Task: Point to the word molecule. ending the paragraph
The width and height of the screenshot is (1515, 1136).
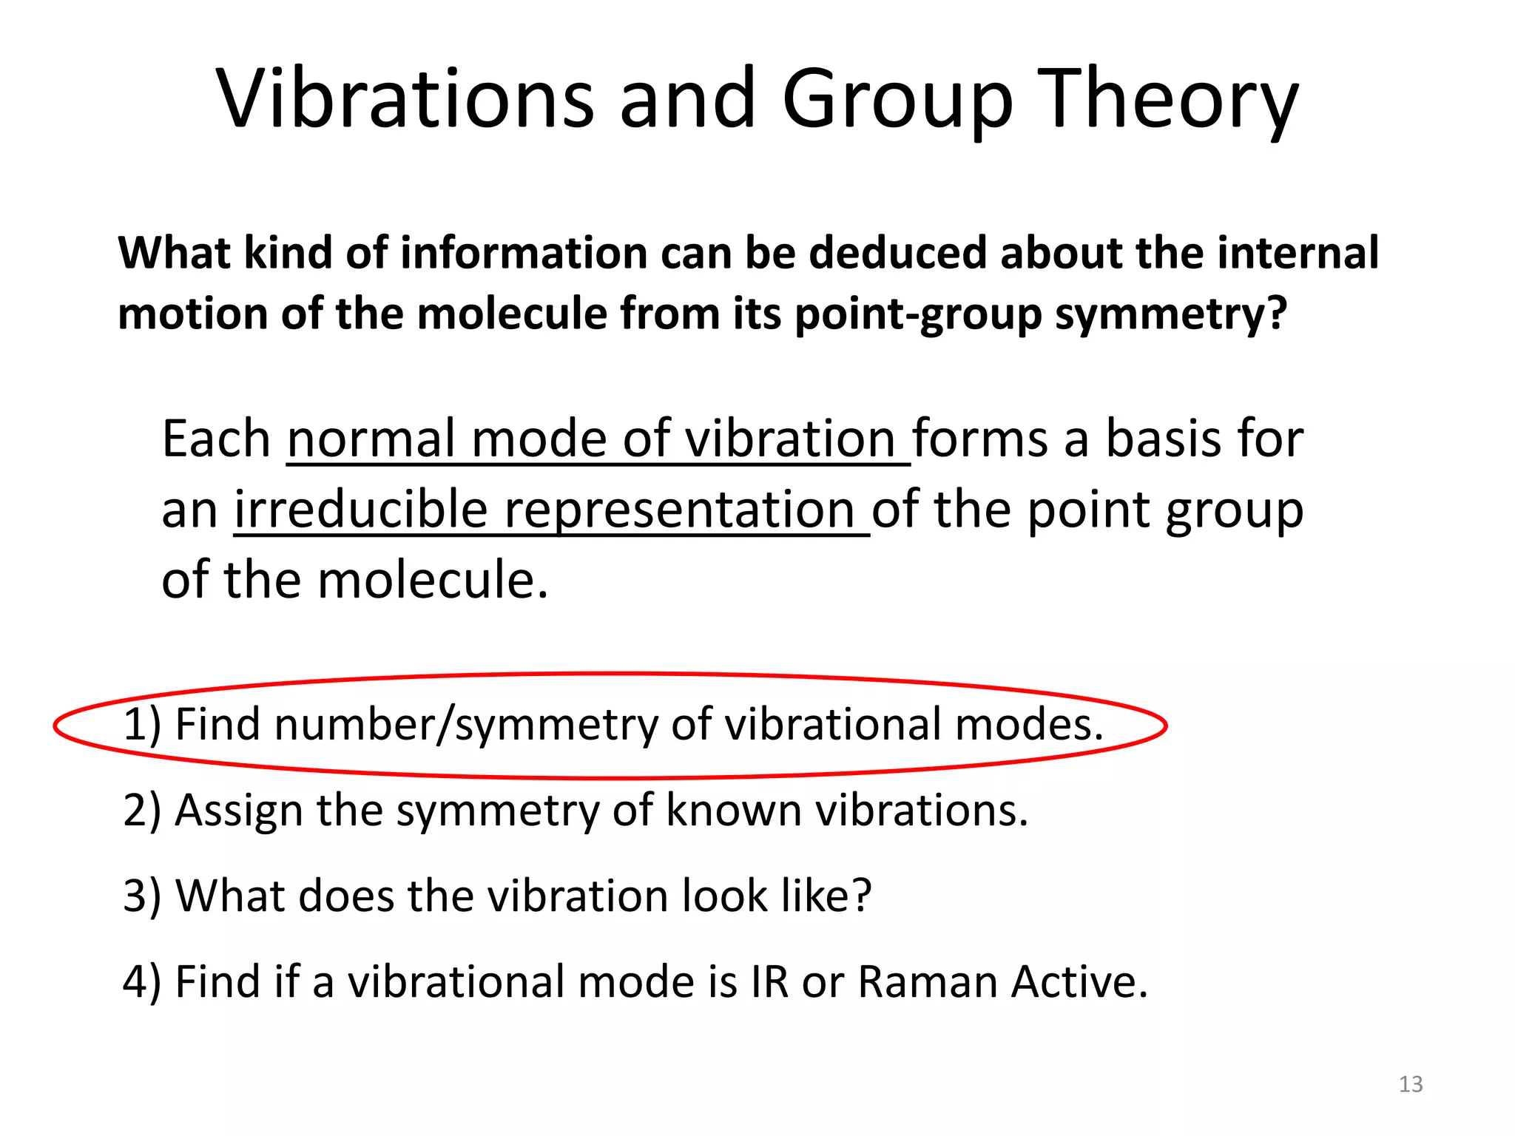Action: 433,580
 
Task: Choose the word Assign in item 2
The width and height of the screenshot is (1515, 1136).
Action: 239,811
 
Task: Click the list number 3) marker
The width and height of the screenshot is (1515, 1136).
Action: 141,896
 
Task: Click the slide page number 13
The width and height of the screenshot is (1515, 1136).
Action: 1411,1084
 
